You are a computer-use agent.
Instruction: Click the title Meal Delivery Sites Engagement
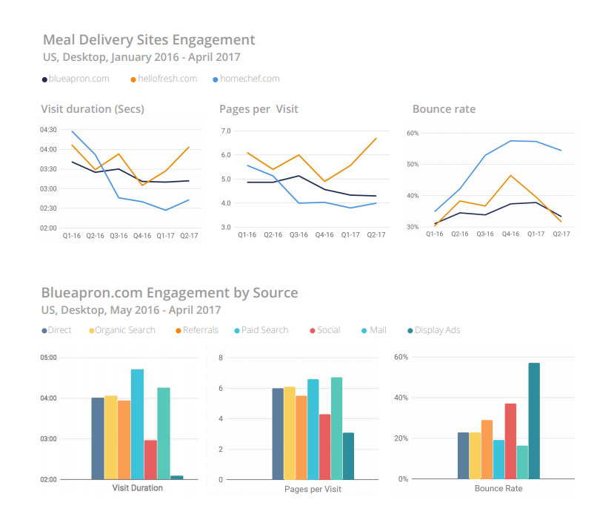coord(148,40)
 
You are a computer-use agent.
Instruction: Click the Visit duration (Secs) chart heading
coord(93,109)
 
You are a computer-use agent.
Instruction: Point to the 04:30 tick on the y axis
coord(49,130)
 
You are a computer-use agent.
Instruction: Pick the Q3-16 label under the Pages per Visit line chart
coord(299,235)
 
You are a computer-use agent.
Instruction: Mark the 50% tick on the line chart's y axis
coord(413,165)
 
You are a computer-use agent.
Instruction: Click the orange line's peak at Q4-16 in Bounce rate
coord(510,176)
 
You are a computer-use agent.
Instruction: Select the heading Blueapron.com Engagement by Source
coord(170,292)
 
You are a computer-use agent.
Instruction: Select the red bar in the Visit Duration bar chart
coord(150,459)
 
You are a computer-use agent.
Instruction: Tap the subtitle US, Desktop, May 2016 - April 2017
coord(133,310)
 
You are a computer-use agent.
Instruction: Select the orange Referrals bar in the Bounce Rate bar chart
coord(487,450)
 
